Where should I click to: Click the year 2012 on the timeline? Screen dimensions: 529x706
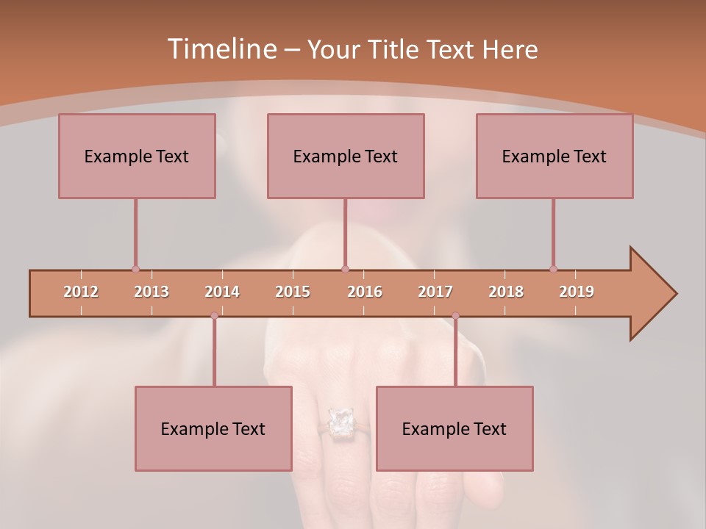(81, 292)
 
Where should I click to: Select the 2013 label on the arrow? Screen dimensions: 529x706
(151, 292)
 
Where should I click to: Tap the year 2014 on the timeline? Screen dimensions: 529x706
(222, 292)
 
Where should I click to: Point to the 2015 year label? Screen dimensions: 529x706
(293, 292)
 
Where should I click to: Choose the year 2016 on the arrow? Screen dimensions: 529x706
(365, 292)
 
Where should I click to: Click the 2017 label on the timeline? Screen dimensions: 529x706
(435, 292)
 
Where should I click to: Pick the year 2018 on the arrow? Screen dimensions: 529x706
(506, 292)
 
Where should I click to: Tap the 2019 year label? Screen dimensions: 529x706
(577, 292)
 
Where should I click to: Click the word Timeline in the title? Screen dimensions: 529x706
(220, 49)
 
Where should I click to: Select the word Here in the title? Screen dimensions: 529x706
(510, 50)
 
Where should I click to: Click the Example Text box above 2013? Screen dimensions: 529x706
(137, 156)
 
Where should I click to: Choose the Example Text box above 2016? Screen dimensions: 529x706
(346, 156)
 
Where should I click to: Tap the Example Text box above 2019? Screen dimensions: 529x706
(555, 156)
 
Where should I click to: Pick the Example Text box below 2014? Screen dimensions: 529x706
(213, 428)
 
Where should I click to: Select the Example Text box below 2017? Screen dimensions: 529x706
(454, 428)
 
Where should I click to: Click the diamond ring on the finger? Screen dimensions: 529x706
(340, 422)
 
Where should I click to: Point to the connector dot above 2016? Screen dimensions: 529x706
(346, 269)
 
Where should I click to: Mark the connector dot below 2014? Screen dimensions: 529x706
(214, 316)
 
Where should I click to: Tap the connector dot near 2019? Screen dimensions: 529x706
(553, 269)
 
